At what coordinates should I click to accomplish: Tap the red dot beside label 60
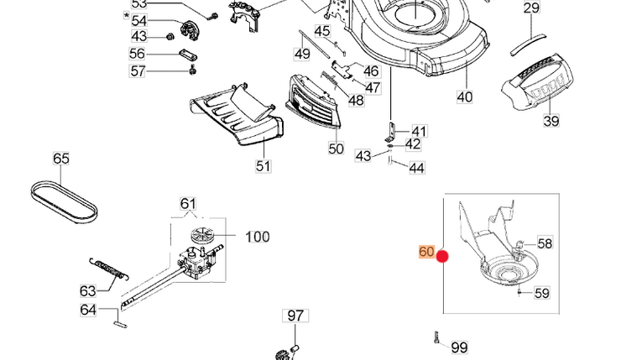coord(442,258)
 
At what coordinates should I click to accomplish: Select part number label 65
coord(61,159)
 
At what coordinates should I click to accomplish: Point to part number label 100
coord(258,237)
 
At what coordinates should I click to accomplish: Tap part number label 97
coord(295,316)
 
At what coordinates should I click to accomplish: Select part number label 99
coord(459,347)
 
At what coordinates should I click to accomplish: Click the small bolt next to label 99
coord(436,339)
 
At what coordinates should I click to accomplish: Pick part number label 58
coord(545,243)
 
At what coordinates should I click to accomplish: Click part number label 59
coord(542,294)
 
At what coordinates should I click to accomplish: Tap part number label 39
coord(551,121)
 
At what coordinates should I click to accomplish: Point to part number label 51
coord(264,165)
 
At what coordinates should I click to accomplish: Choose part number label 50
coord(336,149)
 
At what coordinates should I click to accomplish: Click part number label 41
coord(419,131)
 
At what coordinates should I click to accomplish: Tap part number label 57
coord(138,72)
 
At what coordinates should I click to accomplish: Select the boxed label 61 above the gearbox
coord(188,204)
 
